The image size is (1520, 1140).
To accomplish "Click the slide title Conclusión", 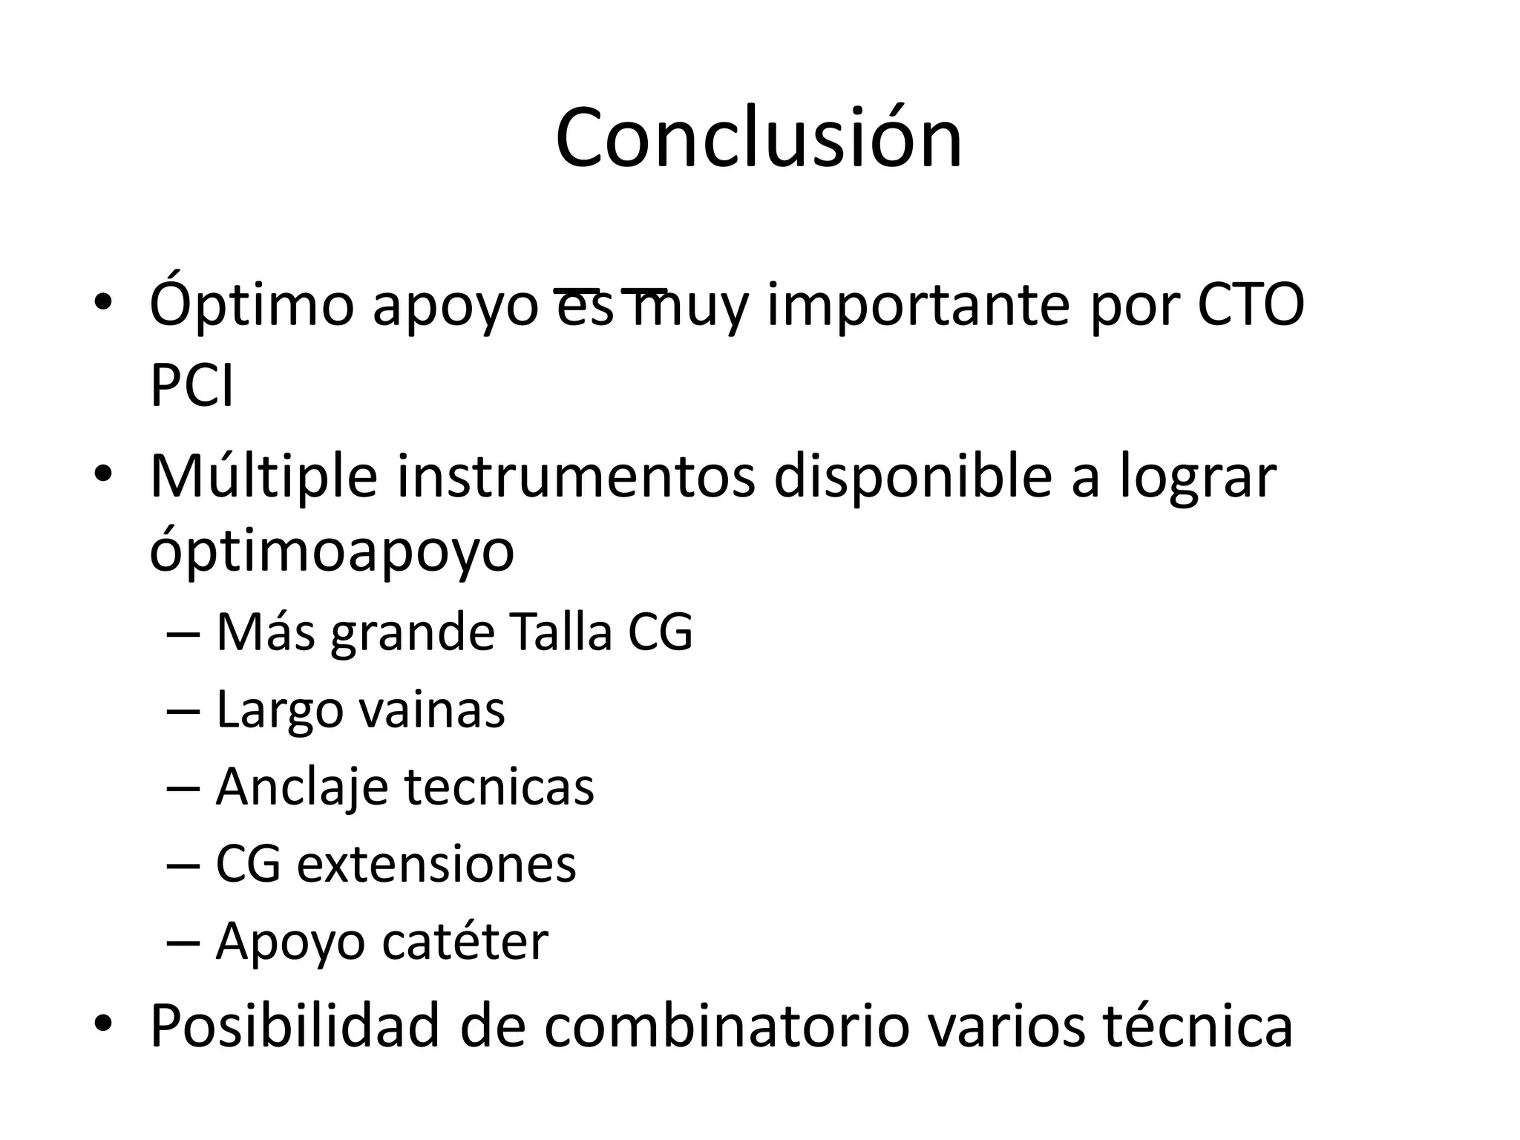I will click(x=759, y=139).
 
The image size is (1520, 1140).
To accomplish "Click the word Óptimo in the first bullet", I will click(x=252, y=306).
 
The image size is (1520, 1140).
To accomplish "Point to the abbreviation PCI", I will click(x=191, y=386).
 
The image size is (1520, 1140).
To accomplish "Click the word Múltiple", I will click(x=263, y=476).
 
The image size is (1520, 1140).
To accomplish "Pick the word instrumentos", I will click(x=576, y=476).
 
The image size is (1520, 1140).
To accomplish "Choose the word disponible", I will click(x=912, y=476).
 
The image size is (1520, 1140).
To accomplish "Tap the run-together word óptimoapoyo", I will click(x=332, y=552).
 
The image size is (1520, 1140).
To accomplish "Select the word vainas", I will click(x=432, y=710).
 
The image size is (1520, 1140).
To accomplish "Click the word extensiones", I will click(x=436, y=864).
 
